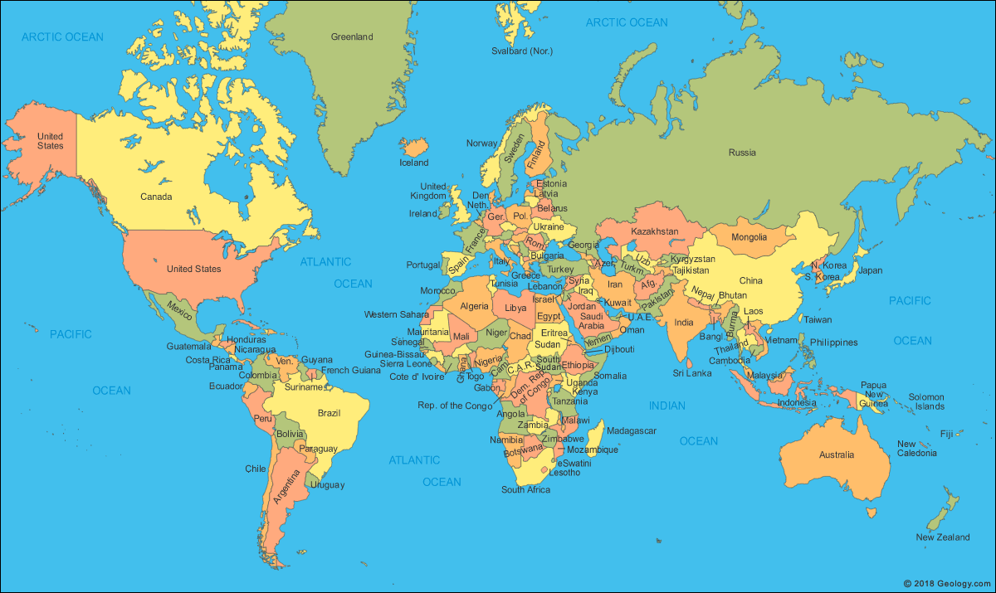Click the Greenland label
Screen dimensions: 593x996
coord(352,36)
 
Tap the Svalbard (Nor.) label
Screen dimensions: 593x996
coord(522,51)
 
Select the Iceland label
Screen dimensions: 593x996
coord(414,163)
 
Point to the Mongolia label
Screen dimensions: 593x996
coord(749,237)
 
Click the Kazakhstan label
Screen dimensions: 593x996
coord(655,231)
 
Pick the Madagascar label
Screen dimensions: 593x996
coord(632,430)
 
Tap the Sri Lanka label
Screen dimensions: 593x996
coord(692,373)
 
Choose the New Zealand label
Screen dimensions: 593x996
coord(942,537)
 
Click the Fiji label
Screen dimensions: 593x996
coord(946,434)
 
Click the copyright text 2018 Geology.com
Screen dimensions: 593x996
coord(946,583)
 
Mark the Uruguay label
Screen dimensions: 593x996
coord(326,484)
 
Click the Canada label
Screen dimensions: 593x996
coord(156,197)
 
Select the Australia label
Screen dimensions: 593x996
coord(836,454)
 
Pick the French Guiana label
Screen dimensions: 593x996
coord(350,371)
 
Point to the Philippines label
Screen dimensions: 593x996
coord(833,342)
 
